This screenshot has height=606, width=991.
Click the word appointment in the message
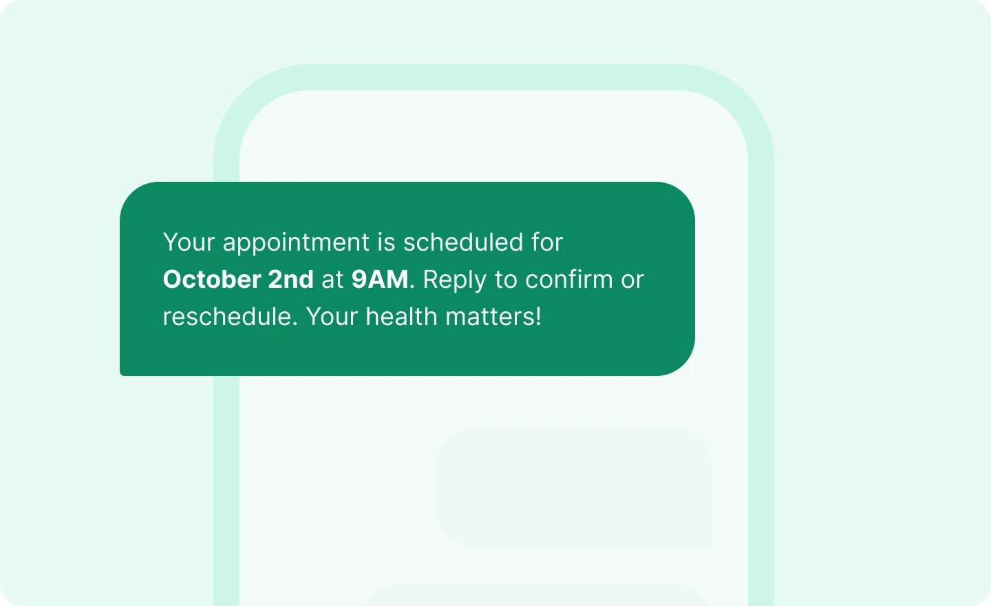296,243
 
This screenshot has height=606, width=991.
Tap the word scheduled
463,242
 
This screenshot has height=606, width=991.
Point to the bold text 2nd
290,280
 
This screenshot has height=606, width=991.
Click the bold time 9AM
380,280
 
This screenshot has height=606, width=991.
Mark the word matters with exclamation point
493,317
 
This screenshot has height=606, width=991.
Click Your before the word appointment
189,242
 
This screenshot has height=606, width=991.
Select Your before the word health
332,317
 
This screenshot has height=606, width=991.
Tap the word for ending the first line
547,242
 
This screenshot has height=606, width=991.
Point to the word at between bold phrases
332,280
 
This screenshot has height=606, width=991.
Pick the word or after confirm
632,281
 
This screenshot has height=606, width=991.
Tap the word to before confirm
506,280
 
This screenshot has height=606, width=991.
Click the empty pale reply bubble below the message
574,487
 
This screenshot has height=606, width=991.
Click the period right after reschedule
295,325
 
